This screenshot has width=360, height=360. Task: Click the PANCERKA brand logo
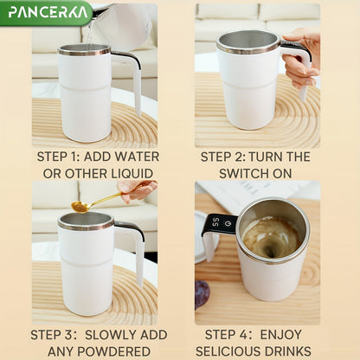click(x=45, y=12)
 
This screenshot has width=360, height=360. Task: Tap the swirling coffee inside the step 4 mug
click(x=271, y=235)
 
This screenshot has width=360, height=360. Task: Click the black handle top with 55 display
click(x=219, y=224)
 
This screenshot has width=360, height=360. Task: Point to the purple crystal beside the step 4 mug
click(x=202, y=293)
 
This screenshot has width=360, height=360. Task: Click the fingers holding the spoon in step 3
click(x=138, y=189)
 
